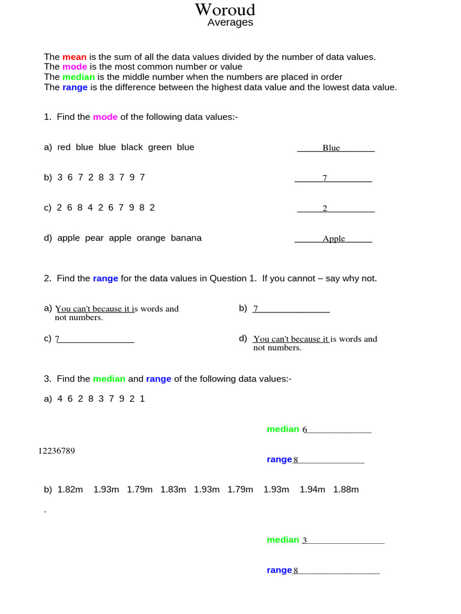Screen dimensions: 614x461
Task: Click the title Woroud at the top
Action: [225, 10]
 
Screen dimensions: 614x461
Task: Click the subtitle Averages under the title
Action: [230, 23]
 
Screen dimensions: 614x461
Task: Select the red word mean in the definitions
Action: [74, 57]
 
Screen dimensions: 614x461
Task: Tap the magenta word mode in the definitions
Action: [75, 67]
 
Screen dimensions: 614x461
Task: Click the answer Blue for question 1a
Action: [331, 148]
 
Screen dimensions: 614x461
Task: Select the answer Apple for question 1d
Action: [334, 239]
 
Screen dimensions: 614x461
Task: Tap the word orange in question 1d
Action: [150, 238]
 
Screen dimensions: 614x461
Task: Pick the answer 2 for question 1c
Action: [325, 209]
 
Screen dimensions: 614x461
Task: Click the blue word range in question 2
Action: [106, 279]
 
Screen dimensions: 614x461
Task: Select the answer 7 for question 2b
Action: [256, 309]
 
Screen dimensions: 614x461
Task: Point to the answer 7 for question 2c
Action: [58, 339]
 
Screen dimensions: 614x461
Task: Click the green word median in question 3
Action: [109, 379]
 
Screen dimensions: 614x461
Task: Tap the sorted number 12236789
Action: [56, 451]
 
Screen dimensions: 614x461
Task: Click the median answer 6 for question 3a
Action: [305, 430]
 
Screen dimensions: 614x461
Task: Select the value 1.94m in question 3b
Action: [312, 490]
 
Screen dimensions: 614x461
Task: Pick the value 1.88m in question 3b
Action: [346, 490]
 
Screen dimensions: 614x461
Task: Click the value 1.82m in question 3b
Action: [70, 490]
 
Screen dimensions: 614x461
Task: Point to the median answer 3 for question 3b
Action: [305, 541]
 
